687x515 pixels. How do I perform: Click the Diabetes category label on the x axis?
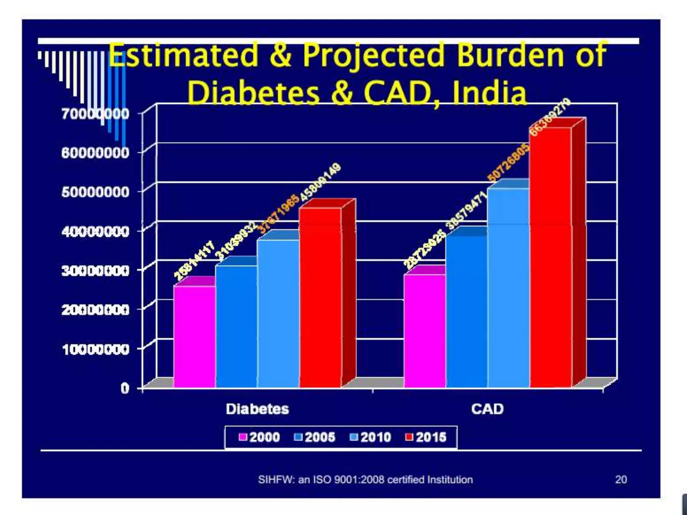257,409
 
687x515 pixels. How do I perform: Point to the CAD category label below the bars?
487,409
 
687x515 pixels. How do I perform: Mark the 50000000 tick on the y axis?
95,192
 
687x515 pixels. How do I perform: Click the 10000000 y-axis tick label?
95,349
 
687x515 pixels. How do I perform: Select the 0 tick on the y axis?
125,389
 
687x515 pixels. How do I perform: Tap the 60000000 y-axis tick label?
95,153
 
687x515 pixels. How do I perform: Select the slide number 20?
621,479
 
